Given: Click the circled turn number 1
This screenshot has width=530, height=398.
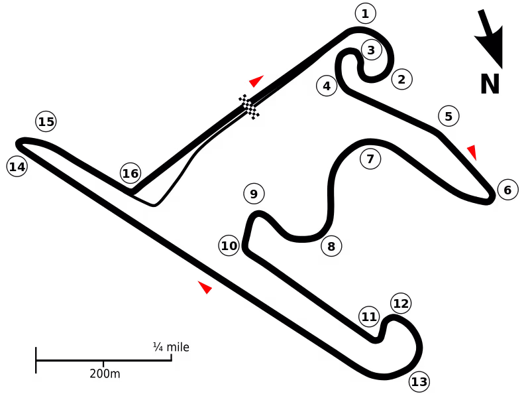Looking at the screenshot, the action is coord(366,14).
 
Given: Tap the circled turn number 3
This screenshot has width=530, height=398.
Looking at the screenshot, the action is coord(372,50).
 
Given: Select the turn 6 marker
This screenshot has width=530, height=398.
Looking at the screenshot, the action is coord(507,190).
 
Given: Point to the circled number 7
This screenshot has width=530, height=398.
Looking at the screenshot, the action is coord(370,159).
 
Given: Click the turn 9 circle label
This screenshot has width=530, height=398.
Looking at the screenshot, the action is coord(254,194).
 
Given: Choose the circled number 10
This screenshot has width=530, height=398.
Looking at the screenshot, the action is coord(229,245).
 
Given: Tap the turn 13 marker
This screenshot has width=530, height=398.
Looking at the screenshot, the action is coord(419,382).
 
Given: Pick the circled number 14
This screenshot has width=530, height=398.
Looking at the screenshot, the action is coord(17,166).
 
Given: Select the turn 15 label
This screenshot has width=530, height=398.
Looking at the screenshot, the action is coord(46,121).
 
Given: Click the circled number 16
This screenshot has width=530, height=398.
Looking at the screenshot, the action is coord(131,173).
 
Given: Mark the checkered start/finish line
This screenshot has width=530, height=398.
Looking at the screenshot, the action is coord(249,107).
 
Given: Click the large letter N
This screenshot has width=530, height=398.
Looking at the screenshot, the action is coord(490,84).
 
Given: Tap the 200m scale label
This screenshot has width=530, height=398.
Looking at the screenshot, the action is coord(105,373).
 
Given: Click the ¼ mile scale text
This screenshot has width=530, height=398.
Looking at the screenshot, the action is coord(171,347).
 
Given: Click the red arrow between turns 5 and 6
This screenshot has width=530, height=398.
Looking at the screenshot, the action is coord(472,152).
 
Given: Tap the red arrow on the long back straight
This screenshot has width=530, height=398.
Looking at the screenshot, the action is coord(205,287).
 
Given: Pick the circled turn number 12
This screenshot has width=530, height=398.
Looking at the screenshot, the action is coord(401,303).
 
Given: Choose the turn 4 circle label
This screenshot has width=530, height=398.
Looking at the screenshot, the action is coord(327,86).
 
